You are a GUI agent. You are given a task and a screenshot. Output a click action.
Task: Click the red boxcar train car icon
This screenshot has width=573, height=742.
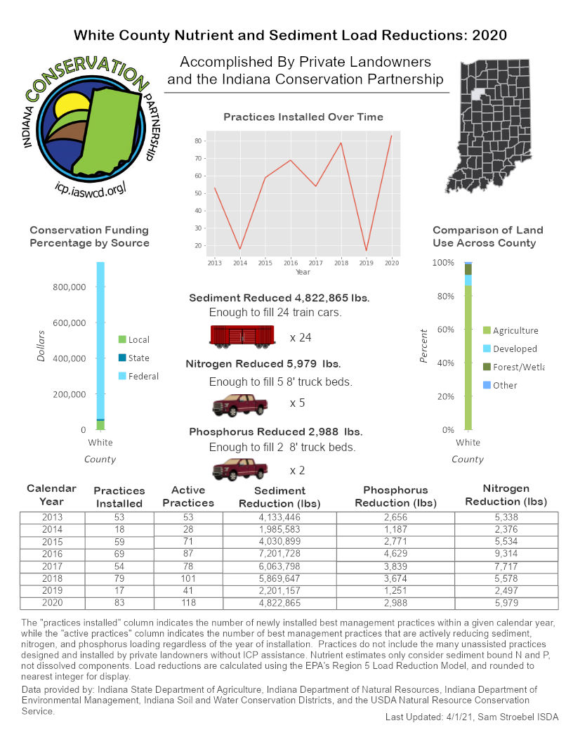coord(242,336)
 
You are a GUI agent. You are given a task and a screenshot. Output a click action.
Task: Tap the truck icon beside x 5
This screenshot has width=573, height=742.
coord(240,405)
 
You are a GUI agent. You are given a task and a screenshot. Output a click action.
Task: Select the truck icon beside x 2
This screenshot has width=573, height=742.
coord(240,469)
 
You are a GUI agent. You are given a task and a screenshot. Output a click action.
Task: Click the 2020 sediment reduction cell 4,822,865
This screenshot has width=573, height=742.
coord(279,603)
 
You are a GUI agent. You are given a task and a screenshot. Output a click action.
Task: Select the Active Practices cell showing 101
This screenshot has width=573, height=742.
coord(187,579)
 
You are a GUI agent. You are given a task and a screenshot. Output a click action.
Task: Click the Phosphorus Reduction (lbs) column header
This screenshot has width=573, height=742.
coord(395,496)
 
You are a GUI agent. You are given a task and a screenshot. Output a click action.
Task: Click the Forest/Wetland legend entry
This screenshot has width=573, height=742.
coord(518,367)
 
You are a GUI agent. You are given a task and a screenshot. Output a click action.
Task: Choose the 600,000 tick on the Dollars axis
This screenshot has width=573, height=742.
coord(69,323)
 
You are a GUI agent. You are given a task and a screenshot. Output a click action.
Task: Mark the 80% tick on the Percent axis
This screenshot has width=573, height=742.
coord(444,296)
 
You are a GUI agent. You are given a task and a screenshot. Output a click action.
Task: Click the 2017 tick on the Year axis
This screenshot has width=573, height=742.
coord(315,262)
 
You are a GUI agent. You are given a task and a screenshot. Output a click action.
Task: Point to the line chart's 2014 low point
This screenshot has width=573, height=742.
coord(240,249)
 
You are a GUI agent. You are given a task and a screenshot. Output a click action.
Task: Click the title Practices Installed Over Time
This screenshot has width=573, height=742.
coord(303,117)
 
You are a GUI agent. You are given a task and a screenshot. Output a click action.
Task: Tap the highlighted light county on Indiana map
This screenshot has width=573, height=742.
coord(480,93)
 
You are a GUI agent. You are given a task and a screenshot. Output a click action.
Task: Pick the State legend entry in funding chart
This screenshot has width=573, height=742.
coord(138,358)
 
